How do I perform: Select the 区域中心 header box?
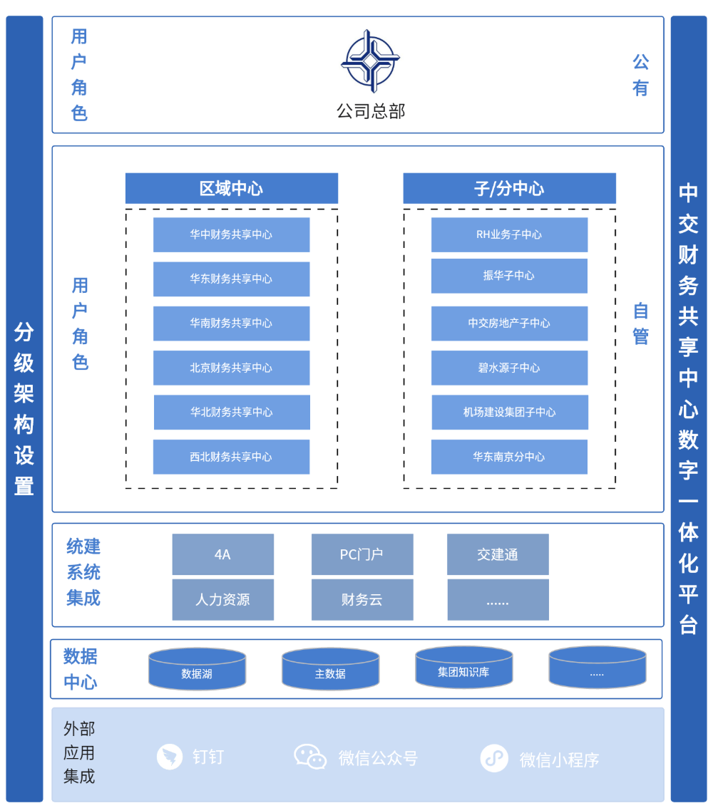coord(232,188)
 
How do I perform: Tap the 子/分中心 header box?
coord(509,188)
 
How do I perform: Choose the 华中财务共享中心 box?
coord(231,234)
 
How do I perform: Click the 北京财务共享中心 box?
coord(231,368)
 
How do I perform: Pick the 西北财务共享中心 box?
coord(231,457)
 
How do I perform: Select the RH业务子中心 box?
coord(509,234)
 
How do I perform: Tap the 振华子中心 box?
coord(509,276)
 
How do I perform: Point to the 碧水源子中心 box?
coord(509,368)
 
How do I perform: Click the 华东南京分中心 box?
coord(509,457)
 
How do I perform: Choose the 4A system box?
coord(222,554)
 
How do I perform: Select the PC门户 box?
coord(362,554)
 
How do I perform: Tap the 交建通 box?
coord(498,554)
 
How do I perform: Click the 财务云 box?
coord(362,600)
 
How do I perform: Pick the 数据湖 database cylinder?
coord(197,670)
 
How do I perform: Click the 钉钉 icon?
coord(170,756)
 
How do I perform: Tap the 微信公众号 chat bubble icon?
coord(310,756)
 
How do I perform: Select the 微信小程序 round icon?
coord(494,758)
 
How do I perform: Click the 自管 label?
coord(641,323)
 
